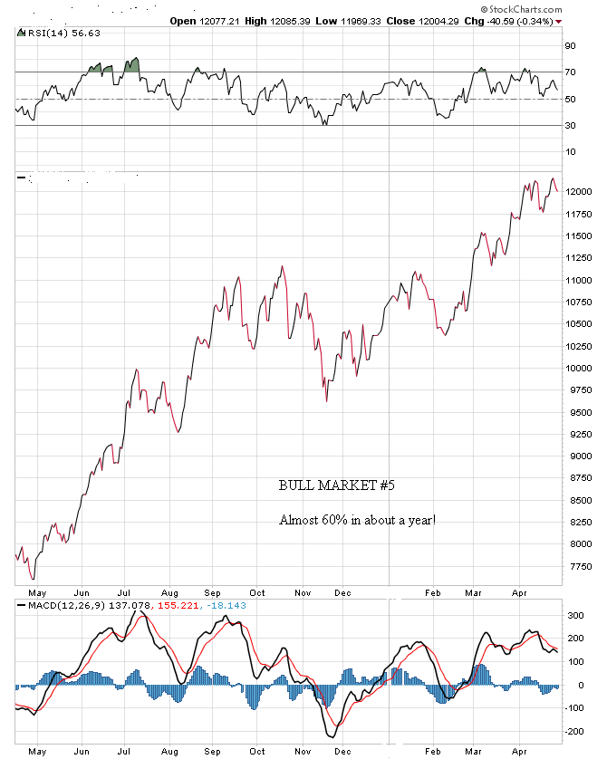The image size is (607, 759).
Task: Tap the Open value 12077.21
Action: coord(218,20)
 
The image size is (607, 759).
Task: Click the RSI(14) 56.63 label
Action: coord(53,34)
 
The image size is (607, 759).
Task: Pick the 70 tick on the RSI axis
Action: coord(570,72)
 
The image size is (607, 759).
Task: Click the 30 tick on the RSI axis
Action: coord(570,125)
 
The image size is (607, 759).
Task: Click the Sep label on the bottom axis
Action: coord(212,751)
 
